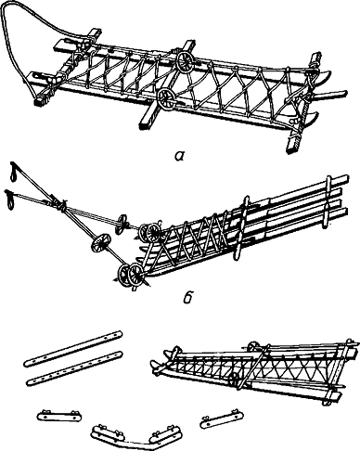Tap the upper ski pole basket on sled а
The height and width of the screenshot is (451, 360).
tap(186, 61)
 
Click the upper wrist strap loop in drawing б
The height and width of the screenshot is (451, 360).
tap(14, 171)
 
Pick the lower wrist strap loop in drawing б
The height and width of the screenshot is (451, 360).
tap(10, 200)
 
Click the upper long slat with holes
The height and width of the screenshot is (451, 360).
tap(73, 348)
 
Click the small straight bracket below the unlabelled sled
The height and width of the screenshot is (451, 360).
tap(222, 418)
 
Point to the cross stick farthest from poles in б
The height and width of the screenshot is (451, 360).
tap(328, 201)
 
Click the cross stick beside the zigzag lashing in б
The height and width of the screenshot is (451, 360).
tap(242, 227)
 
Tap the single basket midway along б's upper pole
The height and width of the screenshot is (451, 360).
tap(122, 224)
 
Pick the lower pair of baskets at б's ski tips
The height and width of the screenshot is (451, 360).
tap(131, 275)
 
